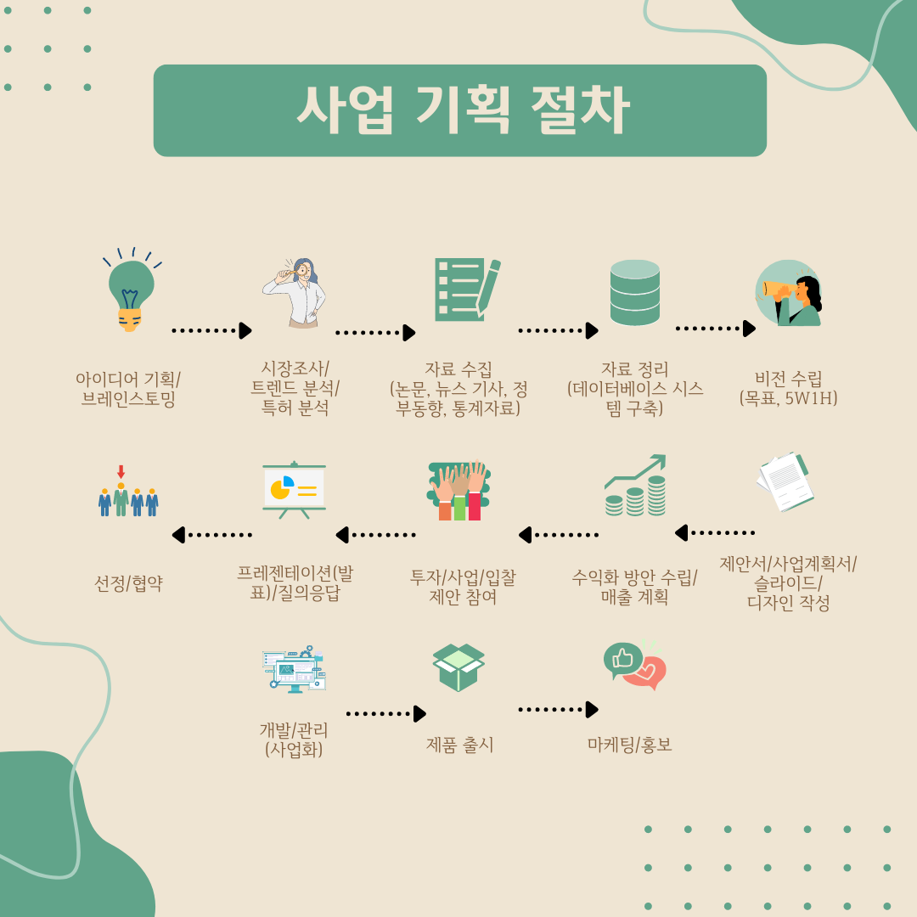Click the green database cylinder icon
pos(634,292)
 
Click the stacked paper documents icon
pos(784,481)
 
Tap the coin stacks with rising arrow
pos(636,486)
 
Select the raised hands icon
pos(459,490)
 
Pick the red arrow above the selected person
pos(121,471)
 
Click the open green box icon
pos(458,667)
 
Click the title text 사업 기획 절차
pos(461,111)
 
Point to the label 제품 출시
pos(459,745)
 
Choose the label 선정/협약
pos(128,584)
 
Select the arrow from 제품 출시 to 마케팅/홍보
pos(558,709)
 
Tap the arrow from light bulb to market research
pos(211,330)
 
